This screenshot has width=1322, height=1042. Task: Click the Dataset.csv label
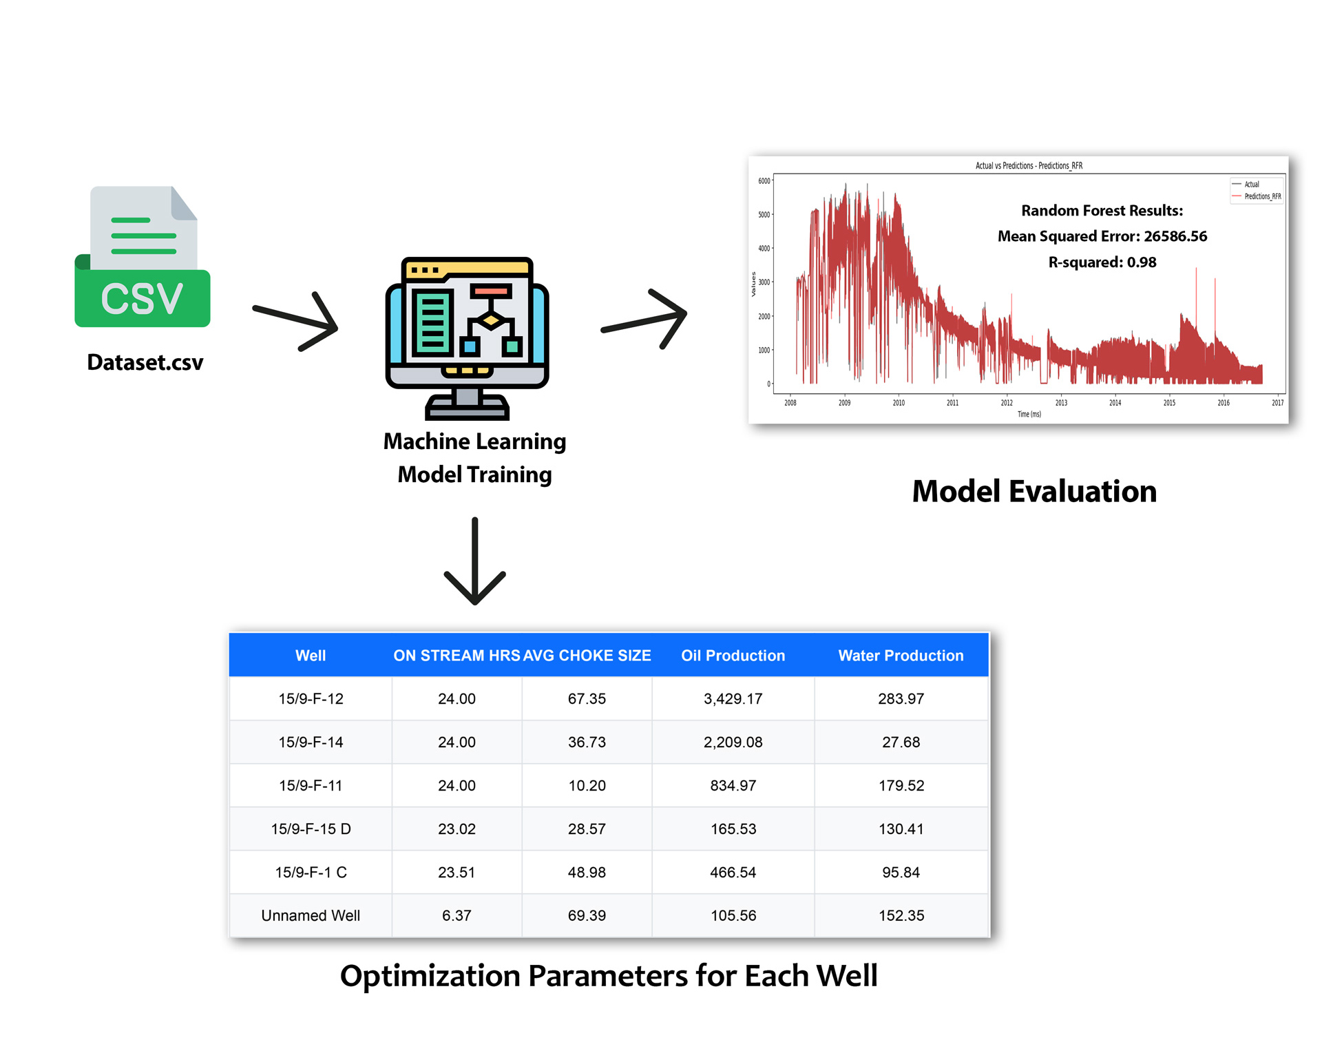145,362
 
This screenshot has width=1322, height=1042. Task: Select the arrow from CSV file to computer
296,321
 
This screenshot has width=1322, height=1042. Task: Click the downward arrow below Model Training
475,561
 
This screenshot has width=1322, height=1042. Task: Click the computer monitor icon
468,337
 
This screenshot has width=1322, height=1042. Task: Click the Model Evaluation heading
1034,492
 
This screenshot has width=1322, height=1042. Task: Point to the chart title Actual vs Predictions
1029,166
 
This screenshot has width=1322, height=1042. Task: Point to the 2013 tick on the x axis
1061,403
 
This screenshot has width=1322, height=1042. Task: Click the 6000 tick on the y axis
764,181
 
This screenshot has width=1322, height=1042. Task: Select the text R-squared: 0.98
1102,262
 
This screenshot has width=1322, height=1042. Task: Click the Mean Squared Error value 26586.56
1175,236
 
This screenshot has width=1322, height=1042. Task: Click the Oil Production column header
733,656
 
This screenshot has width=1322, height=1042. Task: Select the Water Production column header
901,656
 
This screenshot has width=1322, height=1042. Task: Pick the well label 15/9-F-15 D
311,829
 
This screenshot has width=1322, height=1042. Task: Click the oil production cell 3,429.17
733,699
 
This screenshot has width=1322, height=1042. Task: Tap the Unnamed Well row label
311,916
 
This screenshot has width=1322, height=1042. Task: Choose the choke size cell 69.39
587,916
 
